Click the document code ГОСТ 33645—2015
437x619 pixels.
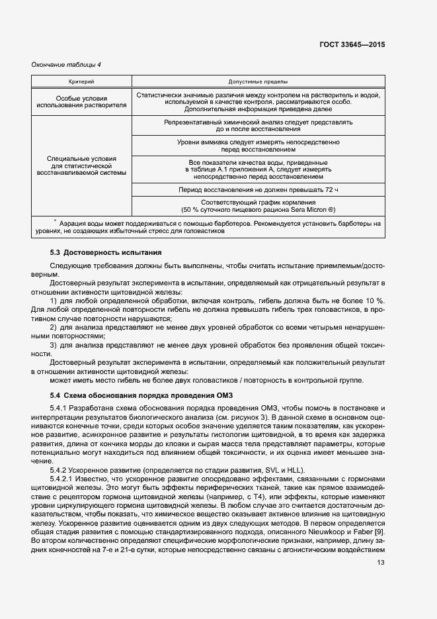[x=353, y=44]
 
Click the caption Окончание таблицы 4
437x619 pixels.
[x=66, y=64]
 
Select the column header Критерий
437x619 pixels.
[x=81, y=81]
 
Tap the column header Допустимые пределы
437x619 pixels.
[x=258, y=81]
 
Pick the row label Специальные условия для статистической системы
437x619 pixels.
[x=81, y=166]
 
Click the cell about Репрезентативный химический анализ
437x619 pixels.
[x=258, y=126]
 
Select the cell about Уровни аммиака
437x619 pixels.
[x=258, y=146]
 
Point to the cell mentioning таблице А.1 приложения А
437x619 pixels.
[x=258, y=169]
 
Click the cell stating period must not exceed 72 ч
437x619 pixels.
[x=258, y=189]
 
